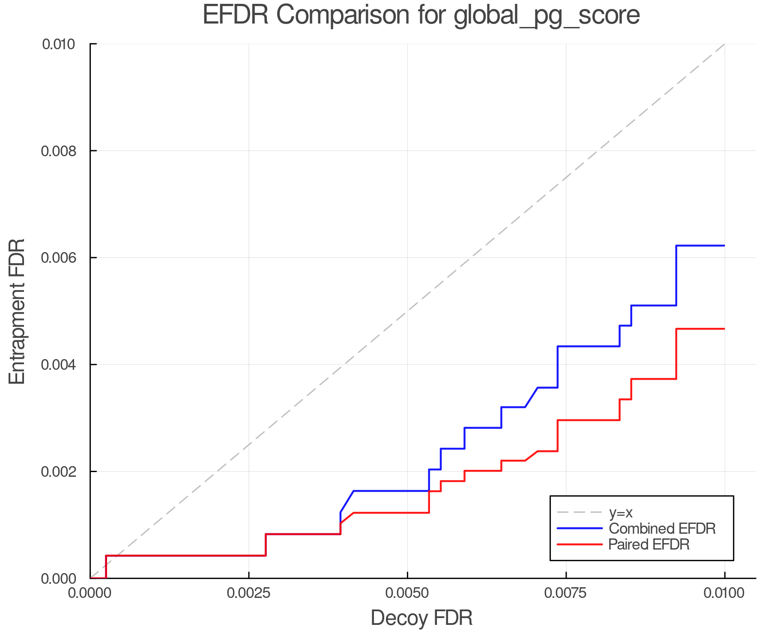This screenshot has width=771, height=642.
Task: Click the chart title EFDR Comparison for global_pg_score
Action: pos(421,15)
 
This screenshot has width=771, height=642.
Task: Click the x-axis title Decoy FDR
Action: pos(421,618)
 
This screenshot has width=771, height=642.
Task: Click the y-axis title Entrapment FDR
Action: pos(17,311)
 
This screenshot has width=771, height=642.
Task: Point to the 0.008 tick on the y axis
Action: pos(60,151)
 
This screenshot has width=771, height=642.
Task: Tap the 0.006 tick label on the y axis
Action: pos(60,258)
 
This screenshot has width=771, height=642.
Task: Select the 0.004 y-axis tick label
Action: pos(60,365)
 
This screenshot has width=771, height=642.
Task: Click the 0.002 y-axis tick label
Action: pos(60,472)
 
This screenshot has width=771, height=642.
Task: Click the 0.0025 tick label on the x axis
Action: pos(249,593)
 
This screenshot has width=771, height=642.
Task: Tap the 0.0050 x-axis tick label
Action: pos(407,593)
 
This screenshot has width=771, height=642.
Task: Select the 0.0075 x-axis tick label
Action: pos(566,593)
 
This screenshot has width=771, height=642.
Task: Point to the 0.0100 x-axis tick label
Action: pos(724,593)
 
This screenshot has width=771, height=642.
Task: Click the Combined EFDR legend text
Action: pos(662,529)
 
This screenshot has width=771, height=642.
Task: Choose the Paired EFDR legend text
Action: pos(648,544)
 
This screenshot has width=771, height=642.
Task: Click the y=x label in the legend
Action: pos(620,512)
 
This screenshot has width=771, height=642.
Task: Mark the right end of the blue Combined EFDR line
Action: pos(724,246)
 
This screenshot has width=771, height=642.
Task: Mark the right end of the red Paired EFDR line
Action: pos(724,329)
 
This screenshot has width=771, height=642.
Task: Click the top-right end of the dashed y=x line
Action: pos(724,44)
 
